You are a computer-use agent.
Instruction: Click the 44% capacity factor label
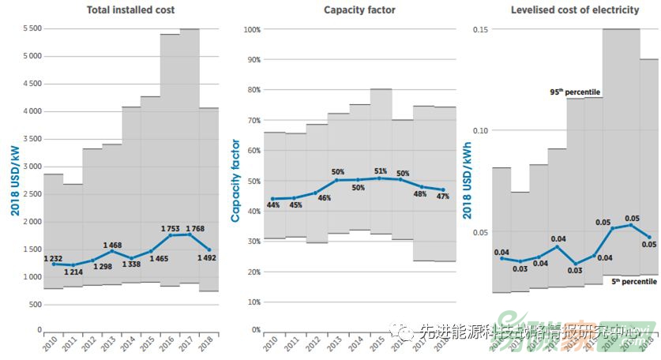click(273, 205)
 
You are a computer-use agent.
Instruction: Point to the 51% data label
click(380, 171)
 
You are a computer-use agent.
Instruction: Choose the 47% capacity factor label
click(443, 197)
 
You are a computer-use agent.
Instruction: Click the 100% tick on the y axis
click(252, 30)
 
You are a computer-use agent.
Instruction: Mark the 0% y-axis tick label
click(255, 330)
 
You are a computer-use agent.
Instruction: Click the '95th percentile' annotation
click(568, 92)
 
